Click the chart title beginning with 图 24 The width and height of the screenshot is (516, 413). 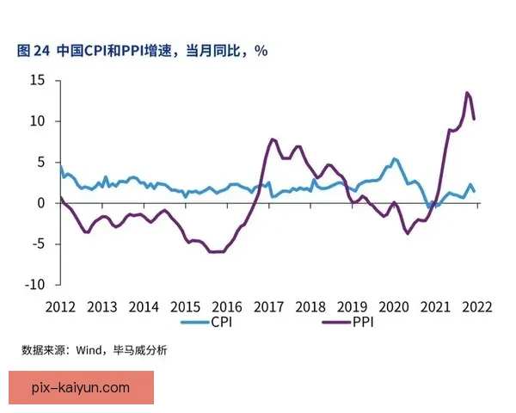(142, 51)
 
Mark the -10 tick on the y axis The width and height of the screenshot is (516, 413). (35, 284)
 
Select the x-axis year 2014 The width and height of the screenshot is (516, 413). (144, 306)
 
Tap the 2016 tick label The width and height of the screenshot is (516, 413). (227, 306)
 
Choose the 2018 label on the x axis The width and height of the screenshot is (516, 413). (310, 306)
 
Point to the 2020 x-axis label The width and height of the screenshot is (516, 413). (394, 306)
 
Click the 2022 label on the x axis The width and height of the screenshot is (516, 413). (476, 306)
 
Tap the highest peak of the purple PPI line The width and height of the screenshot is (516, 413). (467, 93)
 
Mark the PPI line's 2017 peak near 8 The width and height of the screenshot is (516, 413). (272, 139)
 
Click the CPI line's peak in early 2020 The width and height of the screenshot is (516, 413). (394, 159)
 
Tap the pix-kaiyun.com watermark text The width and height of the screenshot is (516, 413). (80, 388)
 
